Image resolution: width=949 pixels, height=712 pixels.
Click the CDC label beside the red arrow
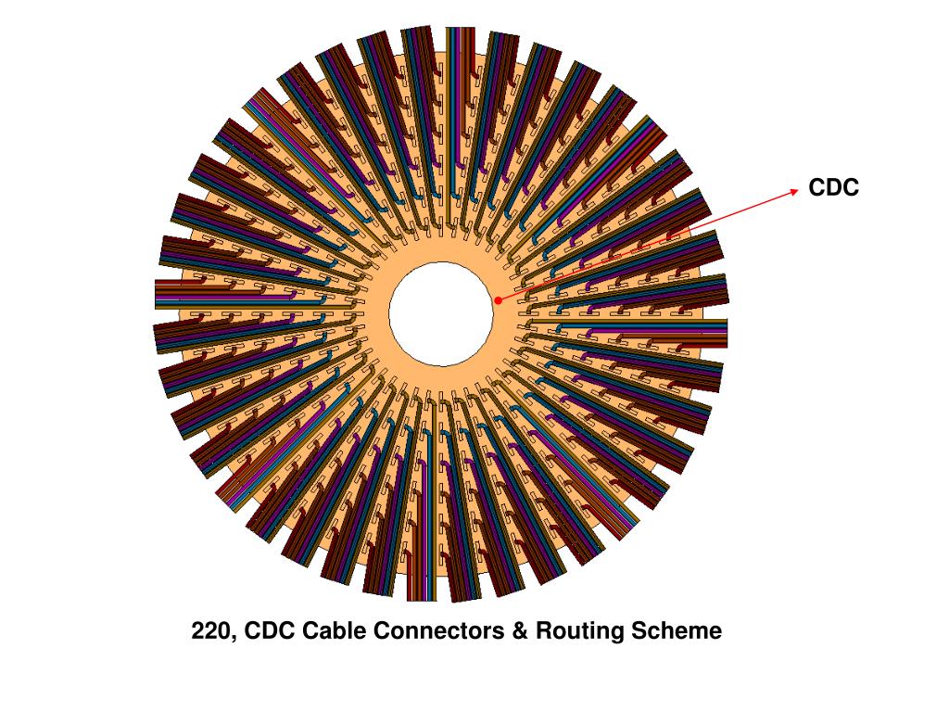point(833,188)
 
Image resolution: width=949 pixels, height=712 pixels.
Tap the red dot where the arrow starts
point(498,300)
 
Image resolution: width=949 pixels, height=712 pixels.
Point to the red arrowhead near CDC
point(793,191)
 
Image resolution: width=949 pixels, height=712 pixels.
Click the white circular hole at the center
point(441,313)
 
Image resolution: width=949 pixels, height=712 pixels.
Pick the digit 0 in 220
point(222,631)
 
